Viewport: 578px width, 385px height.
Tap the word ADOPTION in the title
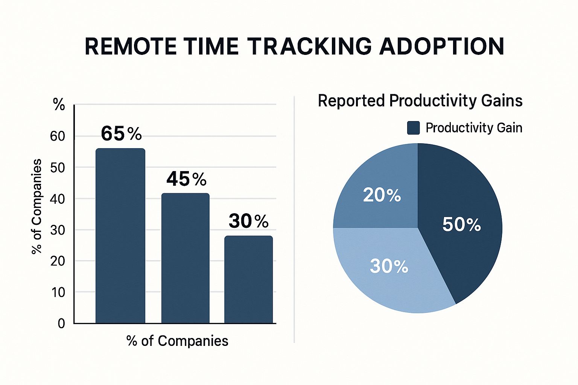point(442,47)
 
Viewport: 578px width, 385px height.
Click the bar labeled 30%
point(248,280)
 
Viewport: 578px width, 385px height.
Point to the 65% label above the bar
point(121,133)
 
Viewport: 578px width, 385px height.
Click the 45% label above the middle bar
point(186,179)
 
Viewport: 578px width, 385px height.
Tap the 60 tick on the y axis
point(58,136)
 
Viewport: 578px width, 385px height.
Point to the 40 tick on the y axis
point(58,199)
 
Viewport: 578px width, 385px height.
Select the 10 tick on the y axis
point(58,292)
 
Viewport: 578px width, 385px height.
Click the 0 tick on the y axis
point(61,323)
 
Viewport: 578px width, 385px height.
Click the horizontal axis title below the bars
point(177,341)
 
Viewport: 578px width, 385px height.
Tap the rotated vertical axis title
point(37,206)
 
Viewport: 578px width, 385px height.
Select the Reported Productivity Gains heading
point(420,101)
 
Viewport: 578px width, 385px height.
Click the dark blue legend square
point(413,128)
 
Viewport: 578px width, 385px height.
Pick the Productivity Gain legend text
point(474,128)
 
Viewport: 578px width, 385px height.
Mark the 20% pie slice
point(380,192)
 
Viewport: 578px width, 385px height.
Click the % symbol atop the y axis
point(59,105)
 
